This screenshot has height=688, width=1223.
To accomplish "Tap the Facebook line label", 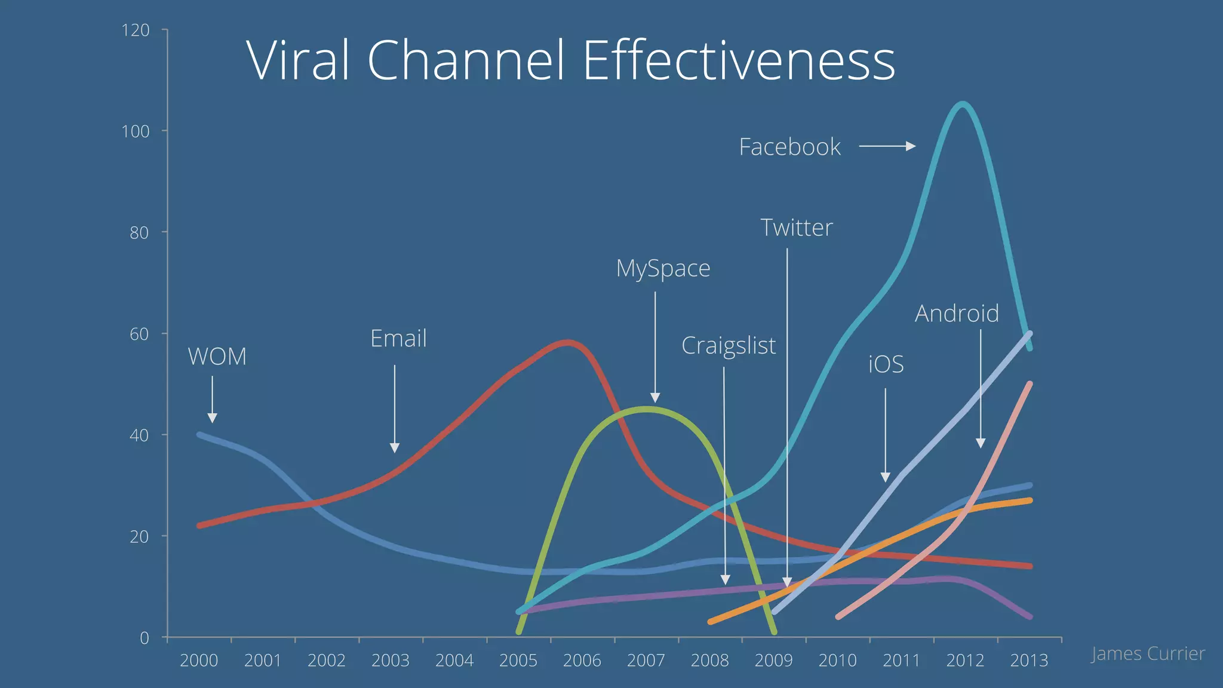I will pyautogui.click(x=789, y=147).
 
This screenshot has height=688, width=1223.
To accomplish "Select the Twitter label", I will pyautogui.click(x=796, y=228).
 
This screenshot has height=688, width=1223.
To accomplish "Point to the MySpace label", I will pyautogui.click(x=663, y=268).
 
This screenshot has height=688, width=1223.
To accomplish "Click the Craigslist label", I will pyautogui.click(x=729, y=345).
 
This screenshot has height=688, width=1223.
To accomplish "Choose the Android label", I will pyautogui.click(x=957, y=314).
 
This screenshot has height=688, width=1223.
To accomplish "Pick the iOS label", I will pyautogui.click(x=886, y=364).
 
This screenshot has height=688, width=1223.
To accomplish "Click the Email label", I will pyautogui.click(x=398, y=339).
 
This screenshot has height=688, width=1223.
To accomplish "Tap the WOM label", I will pyautogui.click(x=217, y=357).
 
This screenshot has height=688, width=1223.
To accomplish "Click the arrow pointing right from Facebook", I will pyautogui.click(x=887, y=146).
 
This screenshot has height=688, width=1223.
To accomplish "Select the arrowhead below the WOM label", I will pyautogui.click(x=212, y=417).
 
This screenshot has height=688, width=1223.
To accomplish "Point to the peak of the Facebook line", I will pyautogui.click(x=963, y=105).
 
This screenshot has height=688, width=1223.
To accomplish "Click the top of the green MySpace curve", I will pyautogui.click(x=645, y=409).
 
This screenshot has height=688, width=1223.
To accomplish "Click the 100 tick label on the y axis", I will pyautogui.click(x=136, y=131).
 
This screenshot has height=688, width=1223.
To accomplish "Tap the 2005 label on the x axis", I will pyautogui.click(x=518, y=661).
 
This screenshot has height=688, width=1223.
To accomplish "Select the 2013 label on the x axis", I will pyautogui.click(x=1029, y=661).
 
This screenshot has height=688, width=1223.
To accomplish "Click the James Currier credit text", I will pyautogui.click(x=1147, y=654).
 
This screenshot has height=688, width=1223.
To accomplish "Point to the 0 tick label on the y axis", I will pyautogui.click(x=144, y=638).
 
